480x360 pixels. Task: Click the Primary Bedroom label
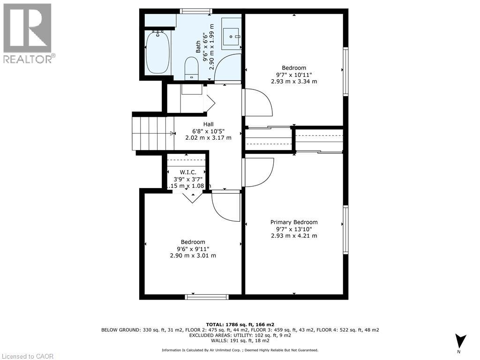coord(294,222)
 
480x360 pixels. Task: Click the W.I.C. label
coord(188,172)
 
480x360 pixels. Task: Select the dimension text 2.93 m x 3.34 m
coord(294,81)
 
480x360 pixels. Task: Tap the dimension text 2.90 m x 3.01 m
coord(193,255)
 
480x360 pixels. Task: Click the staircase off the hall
coord(153,133)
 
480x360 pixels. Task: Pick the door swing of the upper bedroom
coord(258,102)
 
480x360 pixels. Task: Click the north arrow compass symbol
coord(461,341)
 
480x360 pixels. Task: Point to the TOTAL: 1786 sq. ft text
coord(240,324)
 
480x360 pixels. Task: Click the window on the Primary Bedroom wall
coord(346,230)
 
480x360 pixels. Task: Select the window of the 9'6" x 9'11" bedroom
coord(207,297)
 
